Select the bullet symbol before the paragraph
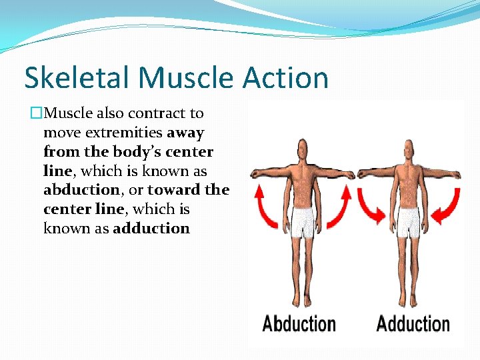coord(37,114)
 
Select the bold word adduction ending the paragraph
coord(151,229)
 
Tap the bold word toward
coord(169,190)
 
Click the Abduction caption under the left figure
coord(299,325)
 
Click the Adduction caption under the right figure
coord(413,325)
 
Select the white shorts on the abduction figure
coord(303,222)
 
